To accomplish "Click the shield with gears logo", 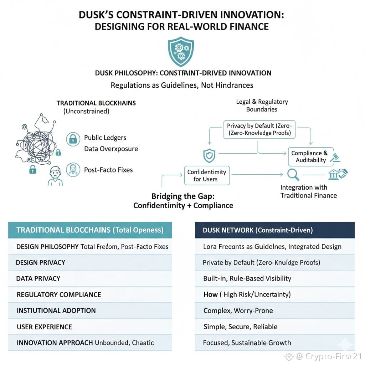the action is pyautogui.click(x=181, y=53).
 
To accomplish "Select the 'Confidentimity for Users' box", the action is pyautogui.click(x=207, y=175).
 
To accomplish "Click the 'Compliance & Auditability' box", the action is pyautogui.click(x=310, y=156).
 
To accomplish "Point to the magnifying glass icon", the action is pyautogui.click(x=293, y=174).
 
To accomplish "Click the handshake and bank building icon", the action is pyautogui.click(x=338, y=174).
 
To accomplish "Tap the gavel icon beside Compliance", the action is pyautogui.click(x=335, y=158).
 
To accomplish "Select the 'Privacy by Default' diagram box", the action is pyautogui.click(x=259, y=130).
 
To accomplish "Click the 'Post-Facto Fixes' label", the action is pyautogui.click(x=108, y=170).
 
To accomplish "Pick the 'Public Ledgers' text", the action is pyautogui.click(x=105, y=138).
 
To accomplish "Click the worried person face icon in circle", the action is pyautogui.click(x=73, y=170).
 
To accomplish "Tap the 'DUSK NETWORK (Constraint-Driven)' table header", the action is pyautogui.click(x=275, y=230).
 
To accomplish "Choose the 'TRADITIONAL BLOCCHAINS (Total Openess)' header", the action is pyautogui.click(x=90, y=230).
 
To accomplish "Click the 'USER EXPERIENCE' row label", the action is pyautogui.click(x=44, y=327).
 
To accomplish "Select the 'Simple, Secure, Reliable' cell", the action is pyautogui.click(x=240, y=327).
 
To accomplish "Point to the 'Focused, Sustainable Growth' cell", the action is pyautogui.click(x=247, y=343).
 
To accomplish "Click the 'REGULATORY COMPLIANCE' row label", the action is pyautogui.click(x=59, y=295).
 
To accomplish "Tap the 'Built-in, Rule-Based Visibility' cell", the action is pyautogui.click(x=247, y=278).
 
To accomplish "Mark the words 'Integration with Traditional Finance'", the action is pyautogui.click(x=308, y=191).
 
